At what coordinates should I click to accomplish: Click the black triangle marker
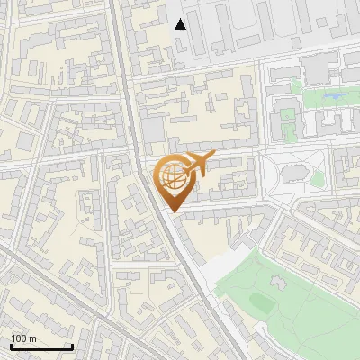click(x=181, y=24)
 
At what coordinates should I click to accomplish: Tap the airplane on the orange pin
click(x=195, y=165)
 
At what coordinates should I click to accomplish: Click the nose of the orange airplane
click(x=211, y=157)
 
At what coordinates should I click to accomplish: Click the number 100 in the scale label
click(x=19, y=338)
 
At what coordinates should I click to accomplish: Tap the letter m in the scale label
click(x=32, y=338)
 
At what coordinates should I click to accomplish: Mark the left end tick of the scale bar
click(x=11, y=346)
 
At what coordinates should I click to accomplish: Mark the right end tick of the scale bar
click(x=72, y=346)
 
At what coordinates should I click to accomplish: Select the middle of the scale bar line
click(x=41, y=347)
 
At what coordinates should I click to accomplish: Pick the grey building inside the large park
click(x=275, y=283)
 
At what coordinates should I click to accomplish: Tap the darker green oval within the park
click(x=262, y=301)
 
